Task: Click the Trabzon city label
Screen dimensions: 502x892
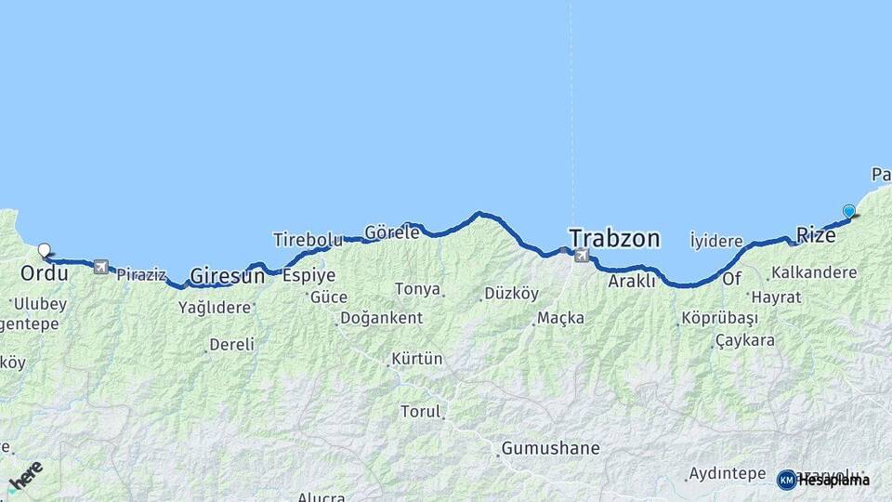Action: click(x=614, y=239)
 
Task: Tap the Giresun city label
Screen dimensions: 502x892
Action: click(x=227, y=275)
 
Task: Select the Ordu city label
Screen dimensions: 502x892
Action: click(x=44, y=273)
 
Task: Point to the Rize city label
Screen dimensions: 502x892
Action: click(x=817, y=236)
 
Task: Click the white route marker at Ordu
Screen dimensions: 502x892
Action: click(x=44, y=250)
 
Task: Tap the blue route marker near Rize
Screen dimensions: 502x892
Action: click(x=848, y=211)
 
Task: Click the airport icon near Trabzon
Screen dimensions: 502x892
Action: click(x=583, y=256)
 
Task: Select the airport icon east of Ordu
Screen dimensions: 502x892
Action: click(x=100, y=267)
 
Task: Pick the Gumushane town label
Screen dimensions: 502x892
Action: click(x=550, y=449)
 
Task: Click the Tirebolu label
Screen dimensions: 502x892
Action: click(x=308, y=240)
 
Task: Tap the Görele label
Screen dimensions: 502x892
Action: click(x=392, y=232)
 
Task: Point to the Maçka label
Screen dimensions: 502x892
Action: click(x=562, y=319)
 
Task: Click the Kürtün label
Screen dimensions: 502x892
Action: click(x=417, y=359)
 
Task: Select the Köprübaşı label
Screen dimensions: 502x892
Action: click(x=721, y=319)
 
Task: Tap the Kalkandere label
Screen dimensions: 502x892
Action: click(x=814, y=273)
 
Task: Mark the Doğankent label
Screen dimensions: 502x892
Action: click(x=381, y=318)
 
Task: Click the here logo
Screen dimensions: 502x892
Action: click(x=26, y=476)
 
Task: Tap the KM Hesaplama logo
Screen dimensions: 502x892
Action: click(x=823, y=480)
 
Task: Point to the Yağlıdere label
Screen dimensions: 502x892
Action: click(x=215, y=307)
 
